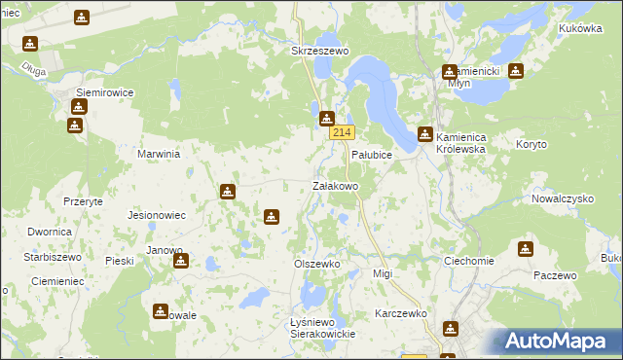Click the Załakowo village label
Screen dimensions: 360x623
335,185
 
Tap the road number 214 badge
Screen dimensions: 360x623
341,132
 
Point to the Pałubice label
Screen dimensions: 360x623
371,156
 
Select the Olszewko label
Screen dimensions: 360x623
316,264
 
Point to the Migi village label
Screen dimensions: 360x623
383,274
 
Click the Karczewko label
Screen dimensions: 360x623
401,314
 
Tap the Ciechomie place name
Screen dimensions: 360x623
468,261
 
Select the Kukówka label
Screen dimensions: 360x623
581,29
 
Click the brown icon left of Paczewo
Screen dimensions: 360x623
526,249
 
